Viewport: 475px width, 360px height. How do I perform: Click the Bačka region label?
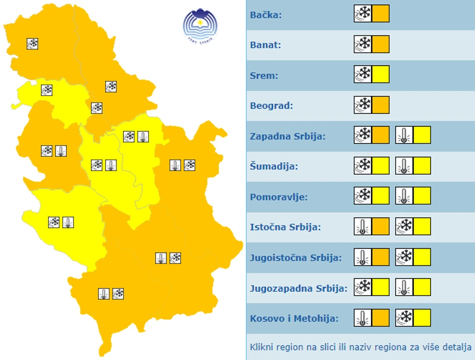(x=266, y=15)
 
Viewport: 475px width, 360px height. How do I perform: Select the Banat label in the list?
(x=266, y=45)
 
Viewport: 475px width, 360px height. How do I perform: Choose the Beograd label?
(x=271, y=106)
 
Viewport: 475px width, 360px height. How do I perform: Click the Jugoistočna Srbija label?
(x=296, y=257)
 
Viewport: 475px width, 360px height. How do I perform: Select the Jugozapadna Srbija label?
(x=299, y=289)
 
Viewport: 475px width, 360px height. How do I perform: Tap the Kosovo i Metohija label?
(x=294, y=319)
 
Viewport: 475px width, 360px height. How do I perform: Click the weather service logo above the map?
(x=200, y=25)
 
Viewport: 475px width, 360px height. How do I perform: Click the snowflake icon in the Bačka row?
(x=363, y=14)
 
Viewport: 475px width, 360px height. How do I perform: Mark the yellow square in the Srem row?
(x=381, y=74)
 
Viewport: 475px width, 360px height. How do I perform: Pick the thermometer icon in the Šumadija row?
(x=404, y=165)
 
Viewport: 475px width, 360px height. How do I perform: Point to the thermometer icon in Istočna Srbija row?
(x=363, y=226)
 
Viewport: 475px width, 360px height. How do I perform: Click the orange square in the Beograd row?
(x=381, y=105)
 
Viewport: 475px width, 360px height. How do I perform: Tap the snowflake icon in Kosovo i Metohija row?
(x=404, y=317)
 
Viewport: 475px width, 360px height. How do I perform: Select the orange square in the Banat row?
(x=381, y=44)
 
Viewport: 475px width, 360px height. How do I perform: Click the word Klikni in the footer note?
(x=262, y=347)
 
